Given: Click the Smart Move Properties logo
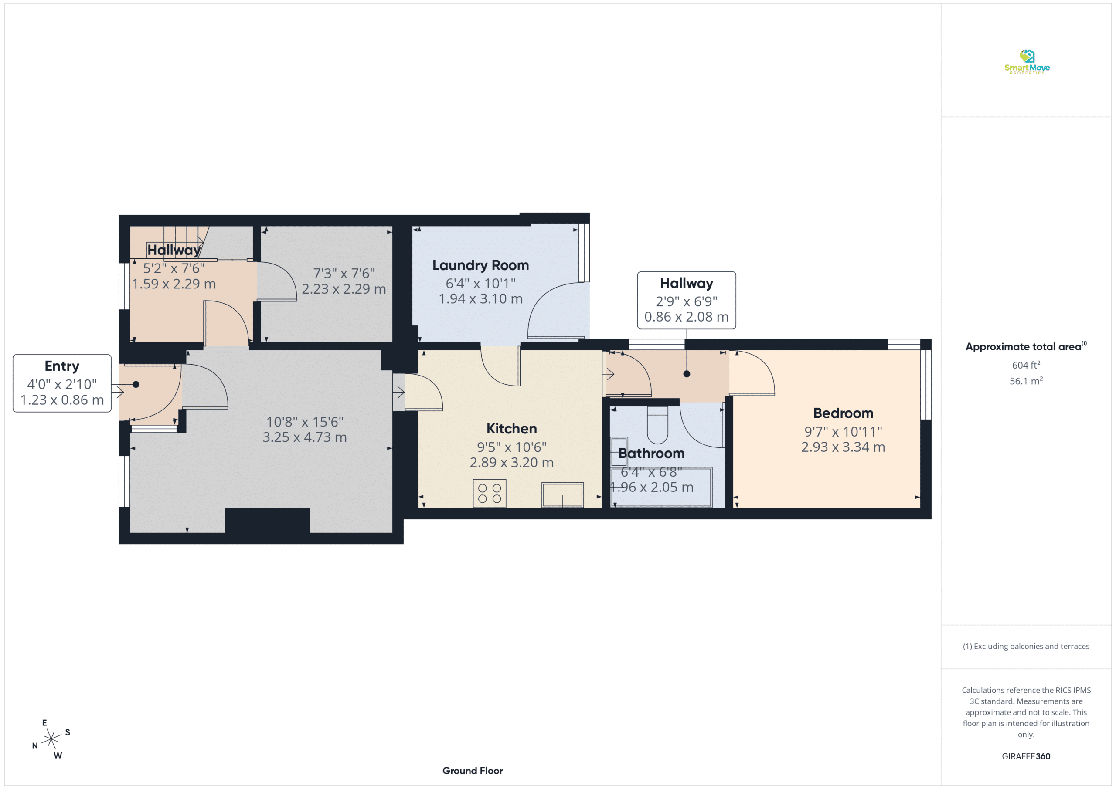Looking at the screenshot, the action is point(1027,62).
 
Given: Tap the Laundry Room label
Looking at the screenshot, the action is point(480,265).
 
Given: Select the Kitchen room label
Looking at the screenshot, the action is point(511,429).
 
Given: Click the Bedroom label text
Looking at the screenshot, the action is point(843,413).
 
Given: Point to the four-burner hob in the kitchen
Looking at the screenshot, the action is point(490,493).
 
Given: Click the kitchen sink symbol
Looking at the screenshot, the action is point(562,494).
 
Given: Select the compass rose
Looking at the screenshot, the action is point(51,739).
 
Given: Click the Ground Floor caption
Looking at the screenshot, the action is point(473,771).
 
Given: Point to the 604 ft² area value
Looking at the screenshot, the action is point(1026,365).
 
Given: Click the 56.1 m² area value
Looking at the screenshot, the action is point(1026,381).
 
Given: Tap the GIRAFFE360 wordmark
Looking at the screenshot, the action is point(1026,756).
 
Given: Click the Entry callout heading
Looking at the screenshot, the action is point(62,366).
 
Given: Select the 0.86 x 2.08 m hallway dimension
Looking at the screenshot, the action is point(686,317).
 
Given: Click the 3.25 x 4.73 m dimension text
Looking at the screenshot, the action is point(305,437).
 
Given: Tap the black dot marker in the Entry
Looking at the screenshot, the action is point(136,384).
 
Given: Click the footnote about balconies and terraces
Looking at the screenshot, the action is point(1026,646).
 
